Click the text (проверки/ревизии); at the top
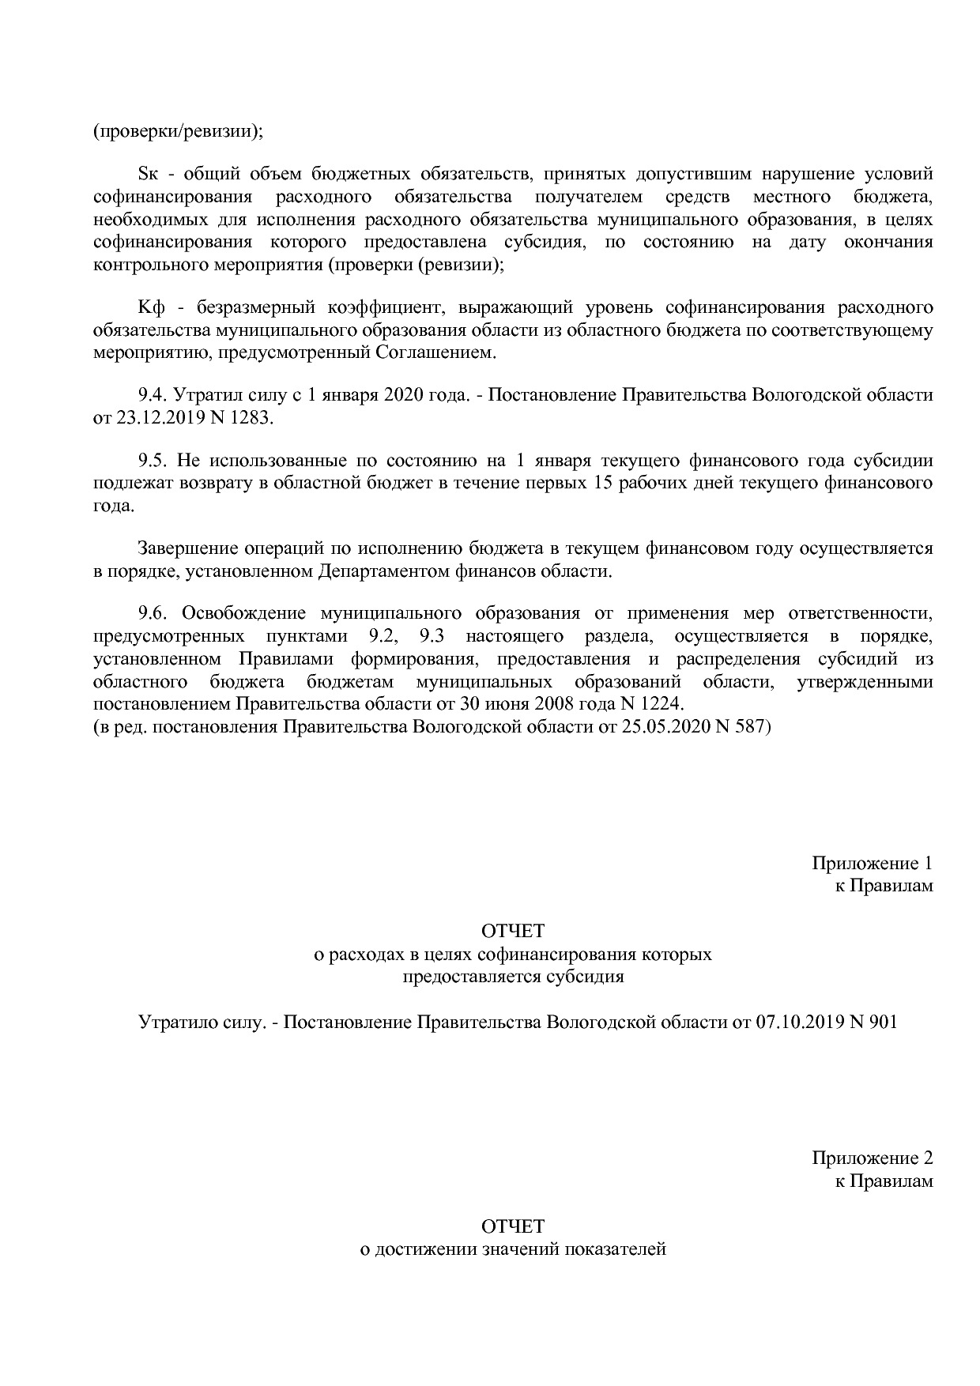178,131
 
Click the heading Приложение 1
872,864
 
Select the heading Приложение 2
872,1159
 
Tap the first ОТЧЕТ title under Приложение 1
513,932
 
